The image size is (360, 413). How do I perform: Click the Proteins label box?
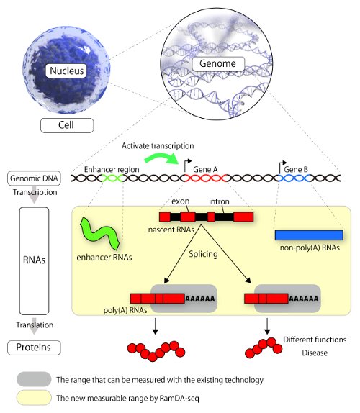[x=34, y=348]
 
